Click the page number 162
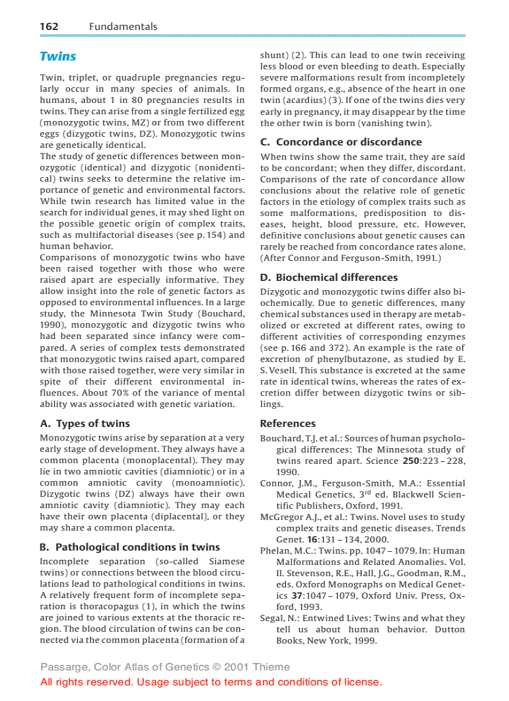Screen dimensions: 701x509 point(49,26)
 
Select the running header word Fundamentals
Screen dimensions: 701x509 point(123,26)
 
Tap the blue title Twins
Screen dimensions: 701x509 point(58,57)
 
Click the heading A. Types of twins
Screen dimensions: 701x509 point(85,423)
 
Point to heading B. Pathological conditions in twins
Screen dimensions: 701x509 point(130,547)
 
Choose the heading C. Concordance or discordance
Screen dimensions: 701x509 point(341,142)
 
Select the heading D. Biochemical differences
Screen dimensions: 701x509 point(329,277)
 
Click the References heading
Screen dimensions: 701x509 point(288,423)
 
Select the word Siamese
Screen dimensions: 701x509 point(227,561)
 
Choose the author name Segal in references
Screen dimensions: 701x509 point(272,618)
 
